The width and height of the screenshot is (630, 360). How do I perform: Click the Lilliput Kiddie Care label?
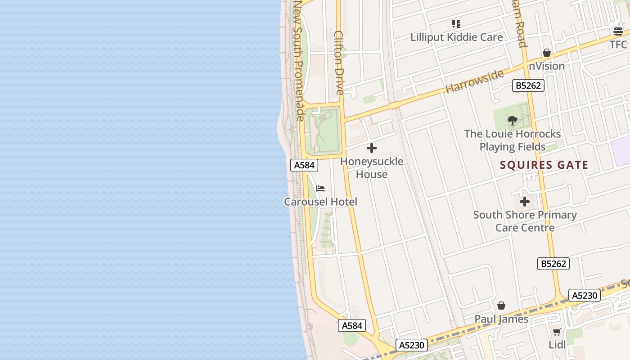click(x=456, y=37)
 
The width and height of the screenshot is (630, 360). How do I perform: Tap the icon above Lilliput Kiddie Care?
click(x=456, y=23)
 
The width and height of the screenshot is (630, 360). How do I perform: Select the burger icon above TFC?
click(x=618, y=31)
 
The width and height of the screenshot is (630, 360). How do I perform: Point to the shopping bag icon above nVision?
click(x=546, y=53)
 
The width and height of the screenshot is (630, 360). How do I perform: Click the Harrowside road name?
click(x=474, y=81)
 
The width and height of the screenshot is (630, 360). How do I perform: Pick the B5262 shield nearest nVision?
click(x=528, y=85)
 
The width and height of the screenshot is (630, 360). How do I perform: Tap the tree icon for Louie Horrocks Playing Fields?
click(x=512, y=120)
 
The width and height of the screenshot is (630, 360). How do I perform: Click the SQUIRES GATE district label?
click(x=544, y=165)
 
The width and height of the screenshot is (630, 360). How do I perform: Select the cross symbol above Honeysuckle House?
click(x=372, y=148)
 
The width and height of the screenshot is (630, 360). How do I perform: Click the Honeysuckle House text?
click(x=372, y=168)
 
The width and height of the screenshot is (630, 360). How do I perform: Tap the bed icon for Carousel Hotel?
click(x=320, y=188)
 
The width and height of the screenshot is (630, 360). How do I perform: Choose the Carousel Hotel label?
click(x=320, y=202)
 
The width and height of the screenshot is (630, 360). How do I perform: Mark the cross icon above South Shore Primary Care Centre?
click(x=525, y=202)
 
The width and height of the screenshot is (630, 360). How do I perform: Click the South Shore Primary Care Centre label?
click(x=525, y=221)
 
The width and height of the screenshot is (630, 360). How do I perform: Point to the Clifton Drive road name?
click(x=339, y=63)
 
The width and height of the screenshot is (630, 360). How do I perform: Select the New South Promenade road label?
click(x=299, y=60)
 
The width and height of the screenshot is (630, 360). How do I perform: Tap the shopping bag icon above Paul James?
click(x=501, y=306)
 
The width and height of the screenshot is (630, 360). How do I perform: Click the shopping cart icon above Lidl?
click(x=557, y=332)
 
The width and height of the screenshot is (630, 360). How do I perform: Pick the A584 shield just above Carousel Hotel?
click(x=304, y=165)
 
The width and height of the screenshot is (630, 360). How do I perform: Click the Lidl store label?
click(x=557, y=345)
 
